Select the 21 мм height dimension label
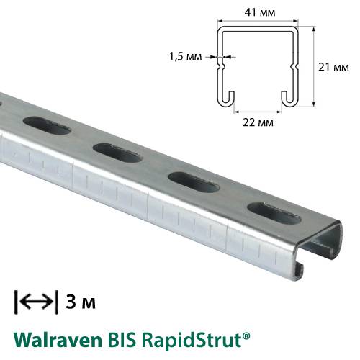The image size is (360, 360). (x=334, y=67)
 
